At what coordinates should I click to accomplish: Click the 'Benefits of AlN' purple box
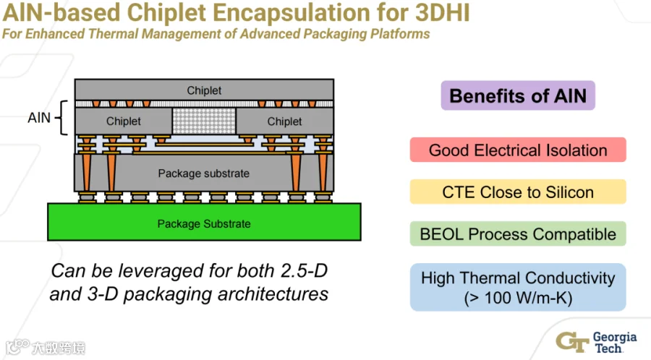tap(518, 95)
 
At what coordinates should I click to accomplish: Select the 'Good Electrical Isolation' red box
tap(518, 150)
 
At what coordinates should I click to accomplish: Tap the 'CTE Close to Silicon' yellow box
tap(518, 192)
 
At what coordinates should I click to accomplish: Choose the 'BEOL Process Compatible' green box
tap(518, 233)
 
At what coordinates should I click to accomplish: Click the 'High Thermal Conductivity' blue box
tap(518, 287)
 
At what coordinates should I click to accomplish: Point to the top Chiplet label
tap(204, 90)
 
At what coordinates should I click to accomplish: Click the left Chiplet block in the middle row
tap(123, 121)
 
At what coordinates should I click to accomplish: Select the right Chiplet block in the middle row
tap(284, 121)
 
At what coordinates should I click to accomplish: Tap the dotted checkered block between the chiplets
tap(204, 121)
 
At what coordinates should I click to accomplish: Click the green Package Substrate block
tap(204, 222)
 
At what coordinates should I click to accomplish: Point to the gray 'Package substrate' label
tap(203, 173)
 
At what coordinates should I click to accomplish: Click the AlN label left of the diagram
tap(39, 118)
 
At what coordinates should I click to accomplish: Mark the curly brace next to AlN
tap(61, 118)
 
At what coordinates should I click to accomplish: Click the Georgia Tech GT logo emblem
tap(572, 342)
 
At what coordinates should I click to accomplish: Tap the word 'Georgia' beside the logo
tap(614, 337)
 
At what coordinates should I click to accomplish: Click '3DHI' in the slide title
tap(443, 12)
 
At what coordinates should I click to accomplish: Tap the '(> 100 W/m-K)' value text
tap(518, 298)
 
